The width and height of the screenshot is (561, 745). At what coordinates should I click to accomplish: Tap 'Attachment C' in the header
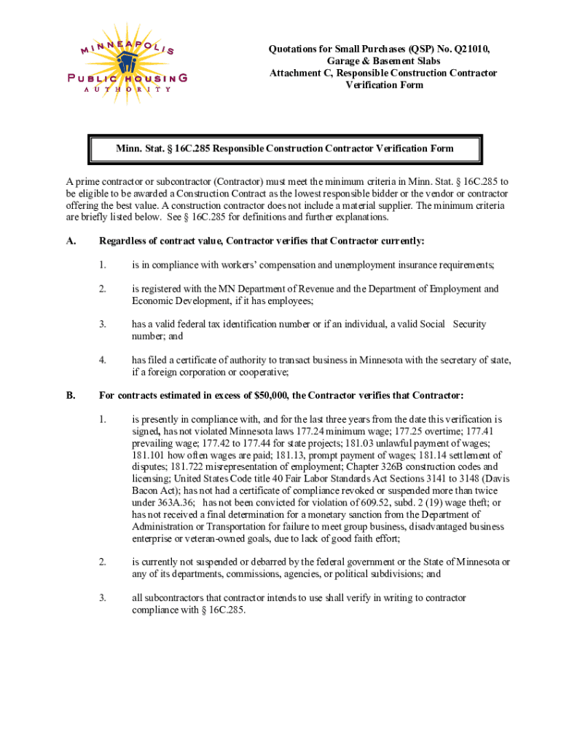300,73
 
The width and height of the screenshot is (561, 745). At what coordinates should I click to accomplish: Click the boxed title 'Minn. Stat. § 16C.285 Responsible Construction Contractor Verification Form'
284,148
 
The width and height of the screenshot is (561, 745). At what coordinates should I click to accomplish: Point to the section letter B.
70,395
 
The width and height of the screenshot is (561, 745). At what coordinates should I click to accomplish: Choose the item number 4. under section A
103,359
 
